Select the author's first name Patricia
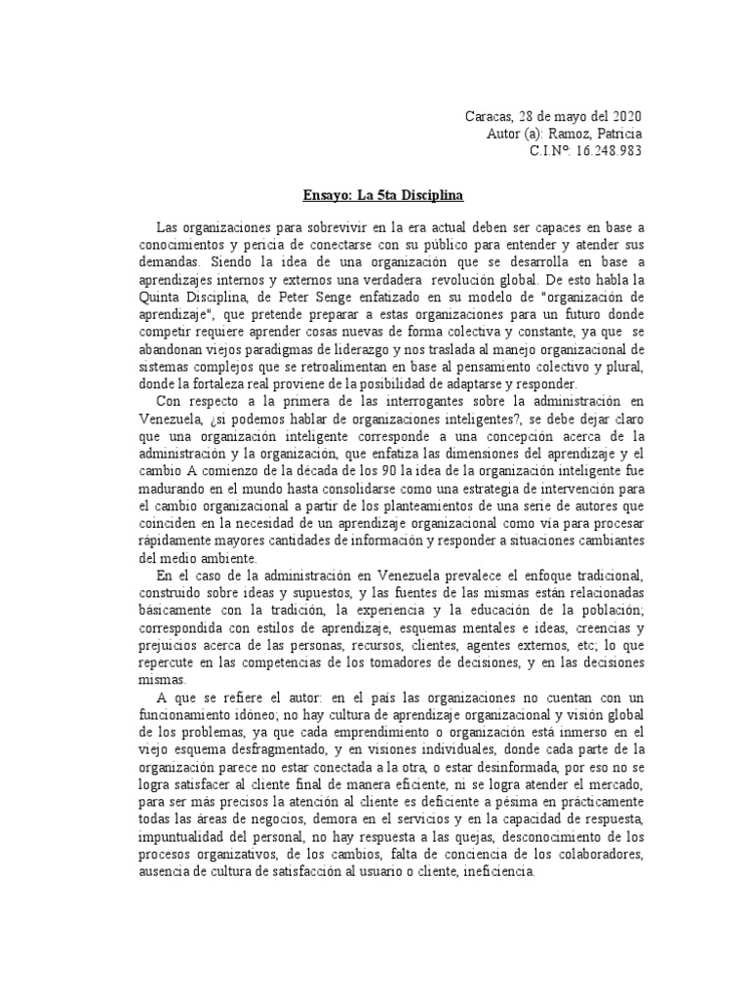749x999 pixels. tap(615, 134)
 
